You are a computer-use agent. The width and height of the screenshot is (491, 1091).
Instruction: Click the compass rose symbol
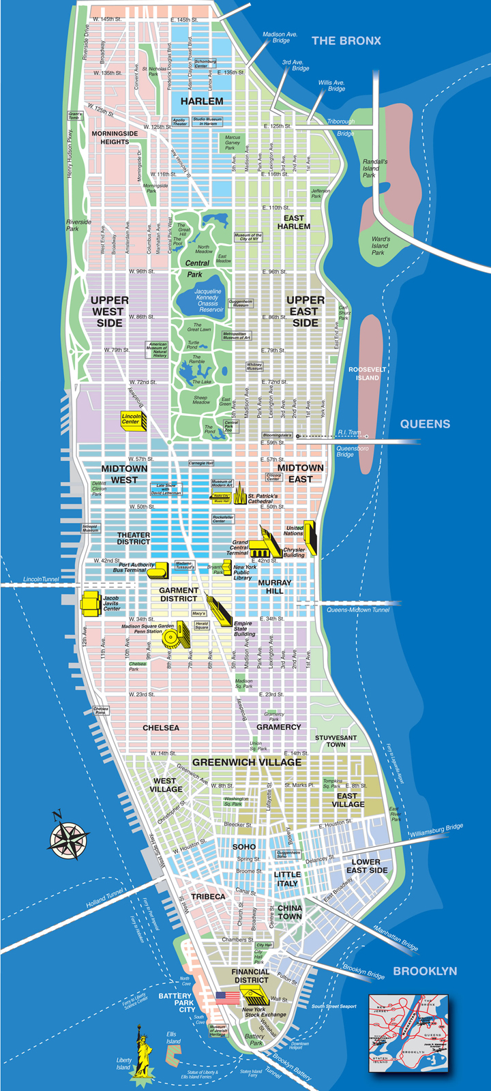tap(68, 837)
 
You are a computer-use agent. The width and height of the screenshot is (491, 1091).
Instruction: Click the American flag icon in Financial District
tap(228, 997)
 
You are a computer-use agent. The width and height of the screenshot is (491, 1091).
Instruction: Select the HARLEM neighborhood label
tap(202, 101)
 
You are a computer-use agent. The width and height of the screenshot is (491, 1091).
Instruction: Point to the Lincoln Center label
tap(131, 419)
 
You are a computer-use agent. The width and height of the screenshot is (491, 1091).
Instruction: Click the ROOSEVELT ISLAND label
tap(367, 374)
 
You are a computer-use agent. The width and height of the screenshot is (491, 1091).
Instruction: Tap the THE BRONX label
tap(346, 41)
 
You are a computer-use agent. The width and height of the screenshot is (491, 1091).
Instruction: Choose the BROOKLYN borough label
tap(424, 971)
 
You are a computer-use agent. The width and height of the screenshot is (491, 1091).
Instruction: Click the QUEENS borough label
tap(425, 423)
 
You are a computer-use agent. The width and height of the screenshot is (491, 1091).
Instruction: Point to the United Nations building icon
tap(310, 536)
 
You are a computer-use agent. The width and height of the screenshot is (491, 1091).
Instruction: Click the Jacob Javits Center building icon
tap(90, 601)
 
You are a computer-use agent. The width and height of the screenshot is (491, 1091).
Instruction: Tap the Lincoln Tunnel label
tap(41, 579)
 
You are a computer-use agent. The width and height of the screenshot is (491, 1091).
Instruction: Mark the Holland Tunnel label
tap(105, 897)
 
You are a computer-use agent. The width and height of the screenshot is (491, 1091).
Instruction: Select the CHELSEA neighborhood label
tap(161, 728)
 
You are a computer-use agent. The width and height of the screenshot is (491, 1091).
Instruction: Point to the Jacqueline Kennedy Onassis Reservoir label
tap(207, 300)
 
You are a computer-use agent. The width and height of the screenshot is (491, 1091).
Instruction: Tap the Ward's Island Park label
tap(381, 246)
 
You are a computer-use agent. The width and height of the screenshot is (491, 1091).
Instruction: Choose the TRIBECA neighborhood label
tap(207, 896)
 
